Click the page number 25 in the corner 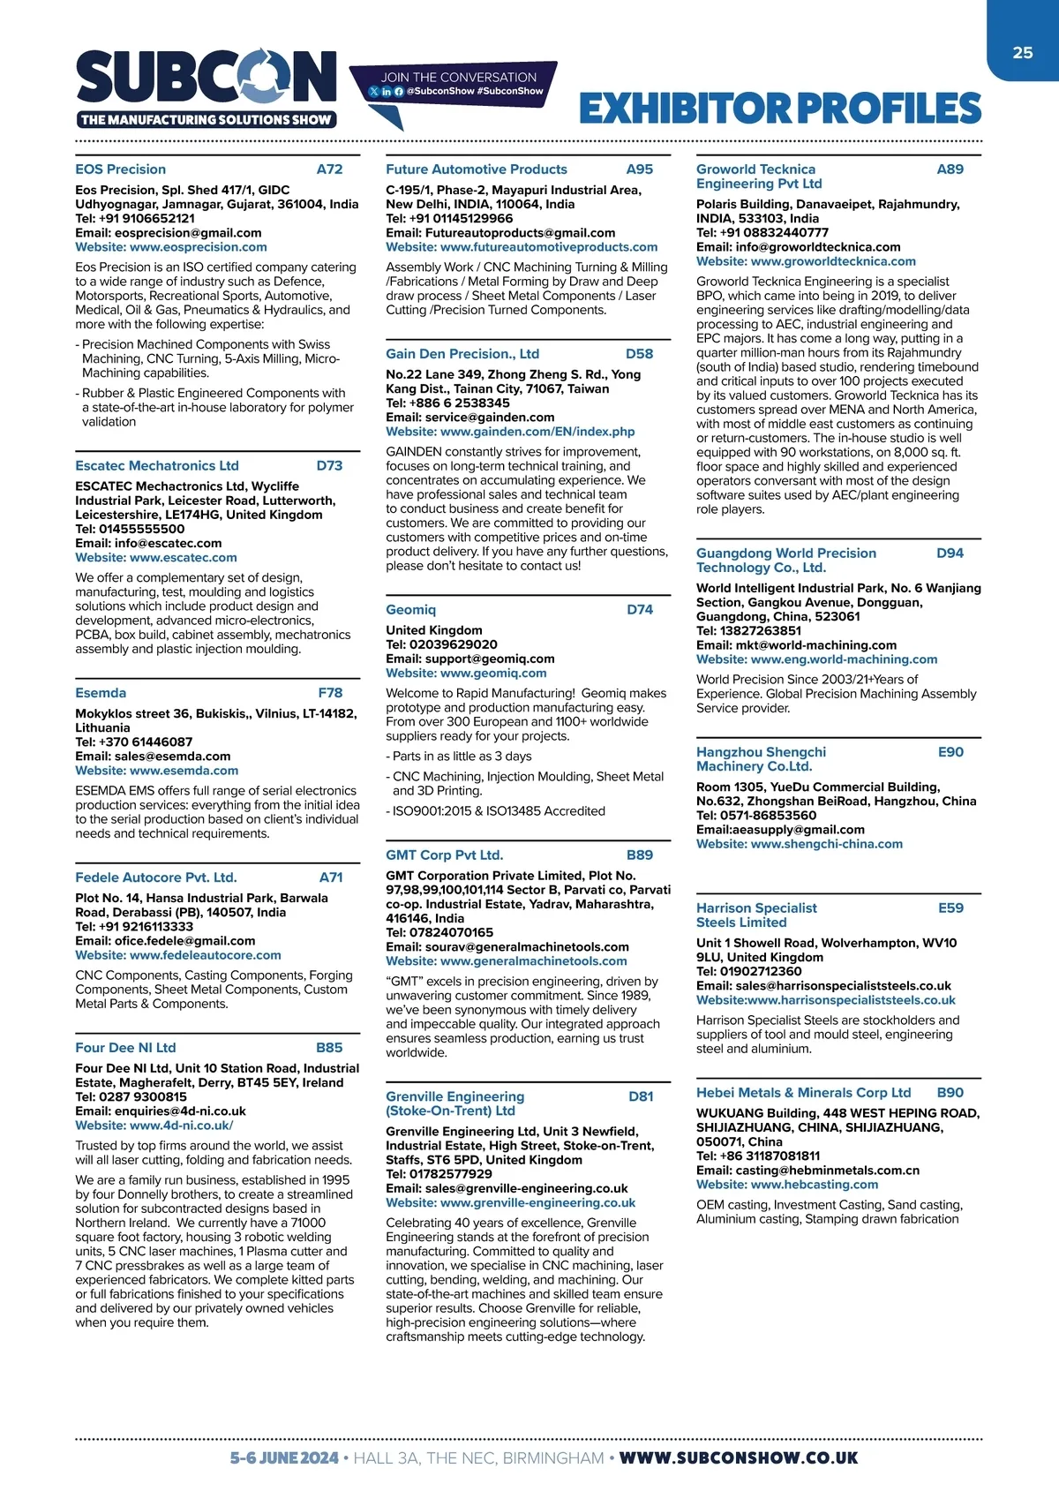click(1023, 53)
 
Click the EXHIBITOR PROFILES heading click(780, 109)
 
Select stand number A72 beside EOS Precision click(329, 169)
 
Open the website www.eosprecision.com click(198, 247)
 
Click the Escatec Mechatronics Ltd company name click(157, 466)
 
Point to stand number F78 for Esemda click(330, 693)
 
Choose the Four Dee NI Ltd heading click(125, 1048)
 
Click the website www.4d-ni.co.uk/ click(181, 1126)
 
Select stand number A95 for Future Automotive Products click(640, 169)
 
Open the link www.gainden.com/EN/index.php click(537, 432)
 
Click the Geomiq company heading click(410, 610)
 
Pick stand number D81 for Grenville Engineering click(641, 1096)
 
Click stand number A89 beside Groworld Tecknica click(950, 169)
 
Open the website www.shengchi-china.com click(826, 844)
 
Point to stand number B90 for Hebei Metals click(950, 1093)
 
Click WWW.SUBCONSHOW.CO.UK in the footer click(738, 1458)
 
